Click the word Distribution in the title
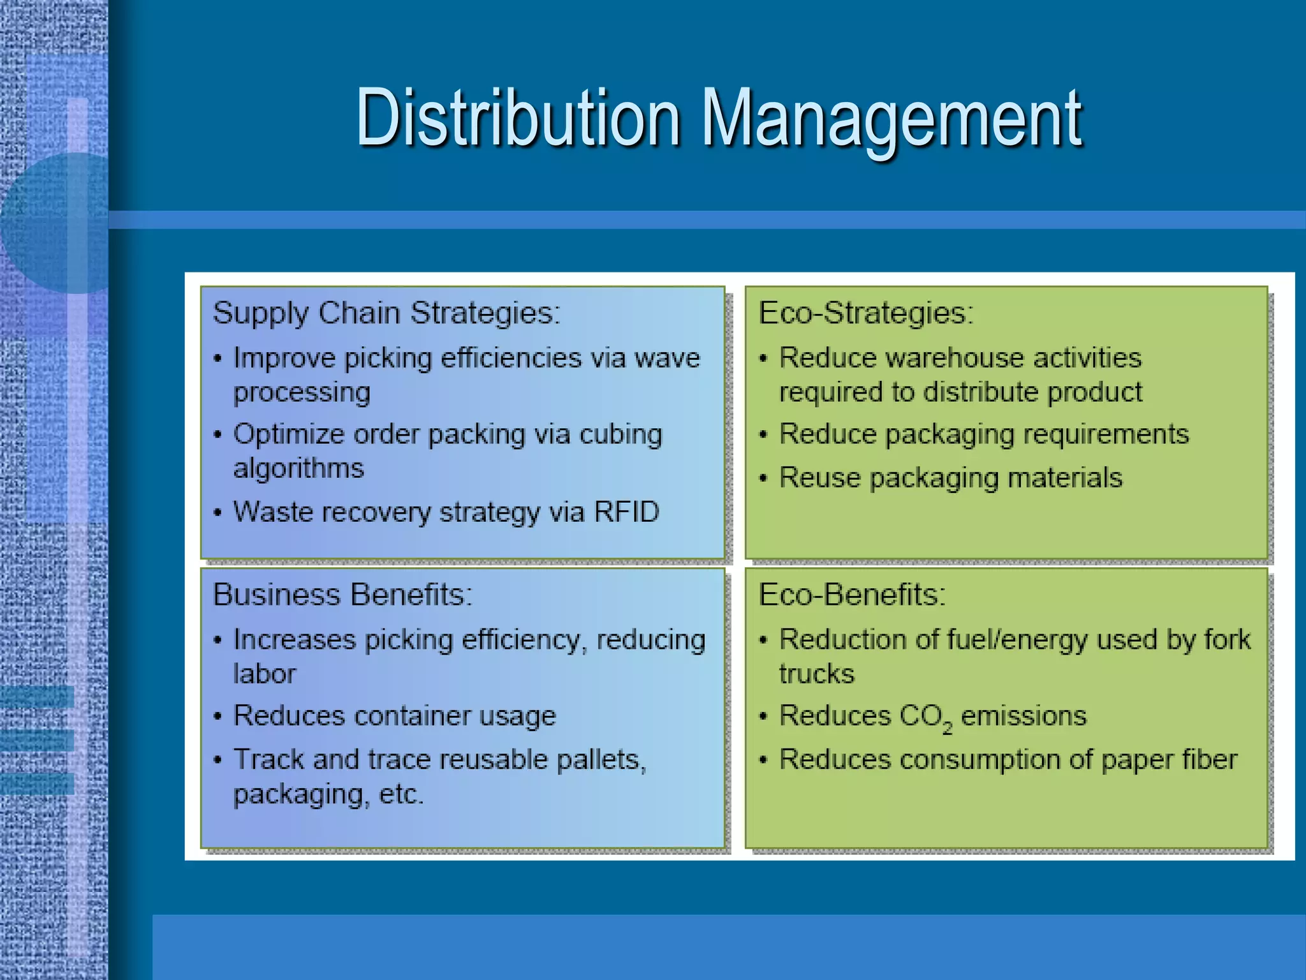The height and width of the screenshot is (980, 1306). pyautogui.click(x=518, y=119)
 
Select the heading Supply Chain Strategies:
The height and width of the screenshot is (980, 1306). pyautogui.click(x=386, y=313)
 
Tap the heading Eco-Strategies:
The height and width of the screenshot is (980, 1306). pyautogui.click(x=866, y=313)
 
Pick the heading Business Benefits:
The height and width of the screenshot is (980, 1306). pyautogui.click(x=342, y=595)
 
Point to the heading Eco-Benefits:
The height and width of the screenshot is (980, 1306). pyautogui.click(x=852, y=595)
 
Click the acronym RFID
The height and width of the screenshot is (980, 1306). pyautogui.click(x=626, y=512)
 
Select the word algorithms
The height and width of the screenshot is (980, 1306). pyautogui.click(x=298, y=468)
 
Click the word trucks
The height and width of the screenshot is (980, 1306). pyautogui.click(x=816, y=674)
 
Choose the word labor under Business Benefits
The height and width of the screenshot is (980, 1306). pyautogui.click(x=265, y=674)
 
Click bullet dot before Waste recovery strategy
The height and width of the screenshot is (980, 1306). pyautogui.click(x=218, y=513)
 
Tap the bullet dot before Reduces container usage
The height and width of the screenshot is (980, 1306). pyautogui.click(x=218, y=717)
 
